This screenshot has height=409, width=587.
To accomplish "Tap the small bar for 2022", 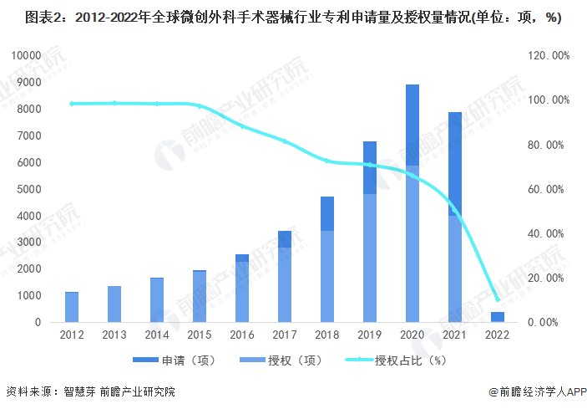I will coord(498,316).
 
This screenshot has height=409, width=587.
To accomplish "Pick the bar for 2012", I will coord(72,307).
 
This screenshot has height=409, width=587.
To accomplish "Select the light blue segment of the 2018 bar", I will coord(327,276).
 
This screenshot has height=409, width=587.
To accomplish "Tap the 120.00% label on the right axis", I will coord(549,55).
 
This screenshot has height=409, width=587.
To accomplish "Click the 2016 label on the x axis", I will coord(242,335).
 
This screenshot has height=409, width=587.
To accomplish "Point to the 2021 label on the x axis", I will coord(455,335).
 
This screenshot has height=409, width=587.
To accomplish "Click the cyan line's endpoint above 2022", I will coord(498,299).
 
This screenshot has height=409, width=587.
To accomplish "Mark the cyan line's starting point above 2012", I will coord(72,104).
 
